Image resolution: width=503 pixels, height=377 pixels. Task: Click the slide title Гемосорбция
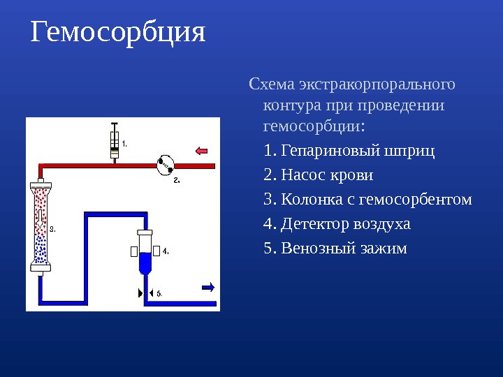pyautogui.click(x=118, y=32)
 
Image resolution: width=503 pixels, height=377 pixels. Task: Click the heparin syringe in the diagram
pyautogui.click(x=115, y=145)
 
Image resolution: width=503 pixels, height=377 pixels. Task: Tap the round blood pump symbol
pyautogui.click(x=166, y=165)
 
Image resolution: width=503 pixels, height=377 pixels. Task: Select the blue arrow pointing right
pyautogui.click(x=207, y=286)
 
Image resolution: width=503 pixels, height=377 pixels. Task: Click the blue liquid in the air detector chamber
pyautogui.click(x=145, y=263)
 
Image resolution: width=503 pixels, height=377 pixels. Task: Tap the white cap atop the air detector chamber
pyautogui.click(x=145, y=232)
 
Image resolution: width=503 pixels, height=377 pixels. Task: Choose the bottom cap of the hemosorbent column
pyautogui.click(x=41, y=266)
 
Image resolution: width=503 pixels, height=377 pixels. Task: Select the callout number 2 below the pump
pyautogui.click(x=176, y=180)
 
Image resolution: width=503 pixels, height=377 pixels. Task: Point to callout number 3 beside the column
pyautogui.click(x=52, y=228)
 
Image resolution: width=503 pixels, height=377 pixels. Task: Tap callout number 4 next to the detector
pyautogui.click(x=166, y=250)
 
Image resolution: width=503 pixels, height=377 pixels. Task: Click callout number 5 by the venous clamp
pyautogui.click(x=159, y=293)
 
